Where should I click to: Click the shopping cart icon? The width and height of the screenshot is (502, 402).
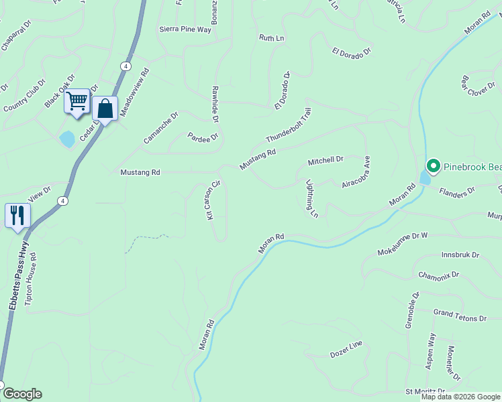(77, 102)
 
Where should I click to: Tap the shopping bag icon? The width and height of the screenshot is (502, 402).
(105, 108)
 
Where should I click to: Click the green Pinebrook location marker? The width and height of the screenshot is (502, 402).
(433, 165)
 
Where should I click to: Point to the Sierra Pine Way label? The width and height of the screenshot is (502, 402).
(185, 29)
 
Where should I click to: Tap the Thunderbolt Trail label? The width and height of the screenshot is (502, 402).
(289, 126)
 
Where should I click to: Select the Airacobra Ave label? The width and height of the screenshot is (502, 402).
(356, 172)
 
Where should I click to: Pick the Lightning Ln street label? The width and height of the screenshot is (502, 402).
(311, 198)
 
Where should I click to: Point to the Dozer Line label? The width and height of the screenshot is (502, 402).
(346, 348)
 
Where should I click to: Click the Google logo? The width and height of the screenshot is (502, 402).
(22, 394)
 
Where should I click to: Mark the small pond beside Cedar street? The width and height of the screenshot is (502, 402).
(67, 139)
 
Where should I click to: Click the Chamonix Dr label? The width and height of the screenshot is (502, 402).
(438, 275)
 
